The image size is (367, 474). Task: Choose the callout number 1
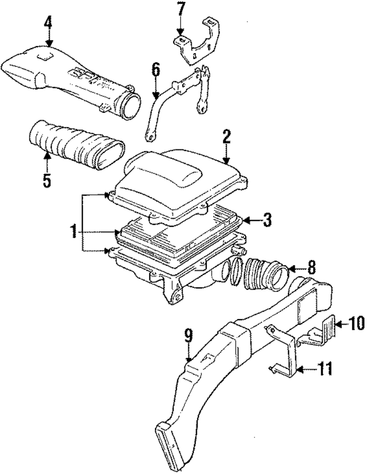point(73,231)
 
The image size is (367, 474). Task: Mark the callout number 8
point(311,268)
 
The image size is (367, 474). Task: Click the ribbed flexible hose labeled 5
point(73,147)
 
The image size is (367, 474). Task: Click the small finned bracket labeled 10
point(329,327)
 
